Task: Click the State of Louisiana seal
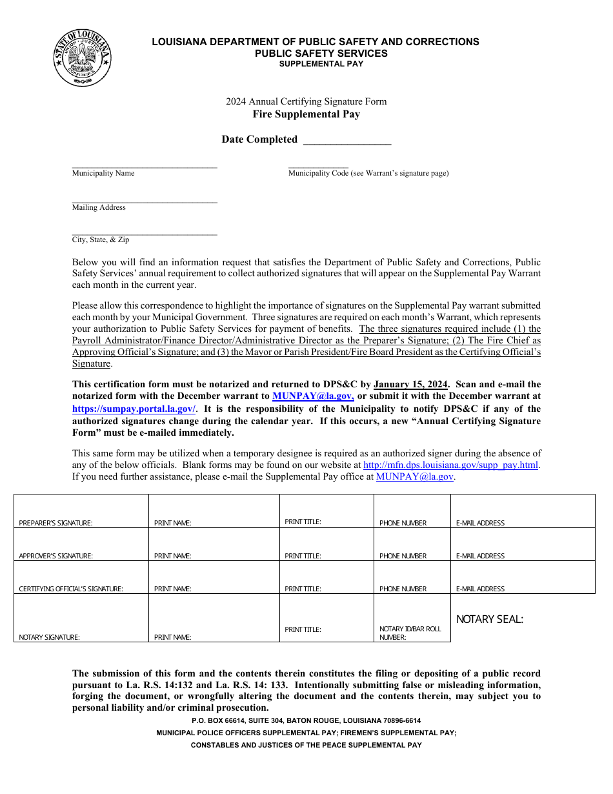[82, 57]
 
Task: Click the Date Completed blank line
[347, 141]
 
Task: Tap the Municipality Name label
[103, 173]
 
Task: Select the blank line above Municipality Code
[318, 167]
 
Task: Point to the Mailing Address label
[99, 207]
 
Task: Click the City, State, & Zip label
[101, 239]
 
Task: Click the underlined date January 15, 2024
[410, 384]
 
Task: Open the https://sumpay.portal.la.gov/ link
[134, 409]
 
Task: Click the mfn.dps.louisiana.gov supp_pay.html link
[451, 465]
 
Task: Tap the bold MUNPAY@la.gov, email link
[313, 396]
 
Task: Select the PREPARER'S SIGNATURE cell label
[56, 524]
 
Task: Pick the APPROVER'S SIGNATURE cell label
[56, 556]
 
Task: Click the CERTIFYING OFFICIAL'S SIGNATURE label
[71, 589]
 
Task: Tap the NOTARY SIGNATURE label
[50, 638]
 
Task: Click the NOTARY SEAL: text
[490, 620]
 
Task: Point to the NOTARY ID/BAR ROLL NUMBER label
[410, 633]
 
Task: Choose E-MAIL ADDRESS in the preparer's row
[480, 524]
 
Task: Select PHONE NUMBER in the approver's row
[403, 556]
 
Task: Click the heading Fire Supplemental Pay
[306, 114]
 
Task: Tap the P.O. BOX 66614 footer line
[306, 720]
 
